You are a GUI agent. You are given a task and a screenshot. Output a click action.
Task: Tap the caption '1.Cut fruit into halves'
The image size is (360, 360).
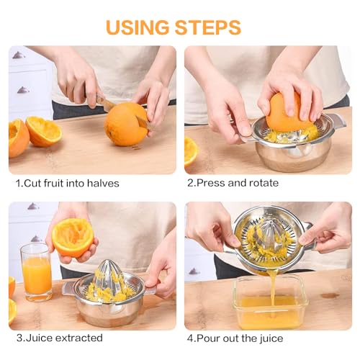coord(68,183)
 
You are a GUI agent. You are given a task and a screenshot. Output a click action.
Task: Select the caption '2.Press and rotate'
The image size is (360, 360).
coord(233,183)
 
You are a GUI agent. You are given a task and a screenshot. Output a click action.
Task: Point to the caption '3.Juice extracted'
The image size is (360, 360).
coord(59,338)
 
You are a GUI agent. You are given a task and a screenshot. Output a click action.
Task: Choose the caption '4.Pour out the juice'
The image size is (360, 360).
coord(235,338)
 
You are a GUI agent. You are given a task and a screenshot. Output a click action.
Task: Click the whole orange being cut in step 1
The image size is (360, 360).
coord(125,124)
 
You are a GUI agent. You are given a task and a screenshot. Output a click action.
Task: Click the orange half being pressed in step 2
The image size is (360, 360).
coord(288,112)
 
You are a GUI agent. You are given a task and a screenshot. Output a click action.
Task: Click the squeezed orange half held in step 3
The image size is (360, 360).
coord(73,238)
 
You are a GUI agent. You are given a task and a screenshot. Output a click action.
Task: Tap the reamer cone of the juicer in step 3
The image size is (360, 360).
coord(110,277)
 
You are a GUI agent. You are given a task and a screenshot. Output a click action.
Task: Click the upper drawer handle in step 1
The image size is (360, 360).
coord(19,55)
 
